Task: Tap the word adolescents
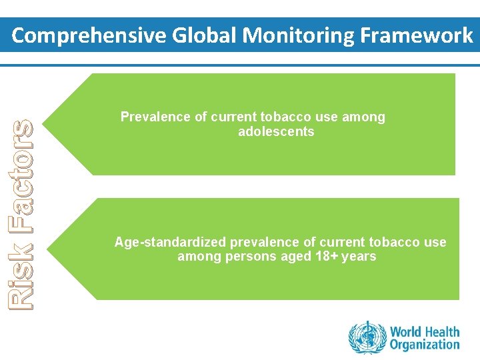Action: pos(276,132)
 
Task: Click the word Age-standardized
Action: pos(169,242)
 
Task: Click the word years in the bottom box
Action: pos(359,257)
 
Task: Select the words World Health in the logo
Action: pos(425,331)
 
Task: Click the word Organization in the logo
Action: pos(425,345)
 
